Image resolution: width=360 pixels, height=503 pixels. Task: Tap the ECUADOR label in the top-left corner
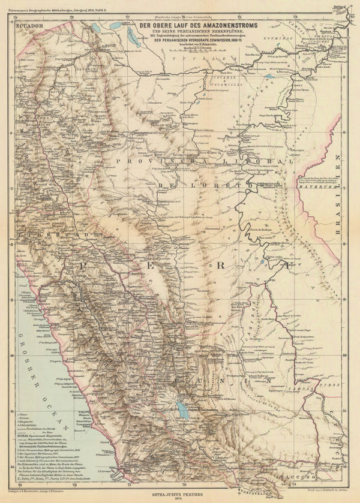31,27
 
